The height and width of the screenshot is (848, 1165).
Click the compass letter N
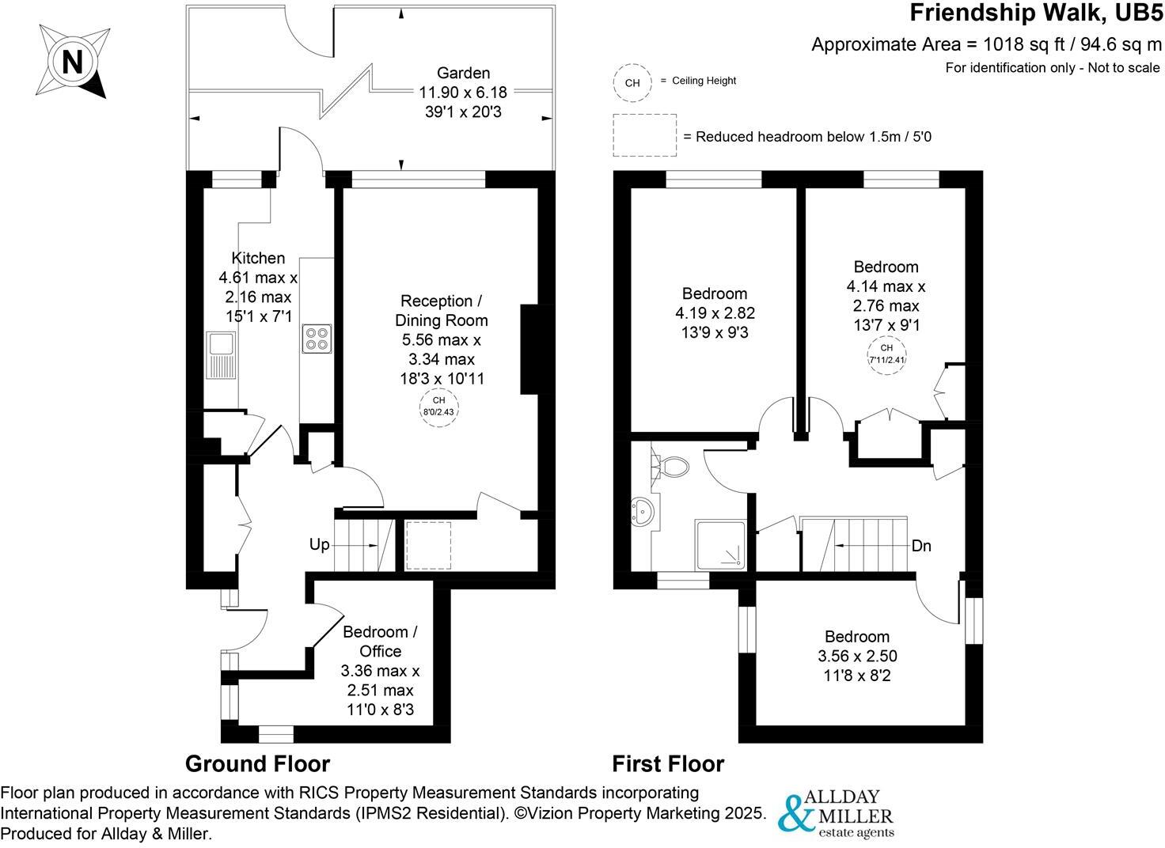[x=73, y=62]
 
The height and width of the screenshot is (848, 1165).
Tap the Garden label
[x=463, y=73]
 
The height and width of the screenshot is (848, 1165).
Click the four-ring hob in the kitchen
[x=317, y=339]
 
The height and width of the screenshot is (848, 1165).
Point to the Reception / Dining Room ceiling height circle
[x=439, y=407]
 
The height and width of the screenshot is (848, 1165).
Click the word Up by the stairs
[x=320, y=546]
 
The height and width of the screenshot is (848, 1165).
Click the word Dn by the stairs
[x=921, y=546]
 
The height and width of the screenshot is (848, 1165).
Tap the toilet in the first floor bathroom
[x=674, y=466]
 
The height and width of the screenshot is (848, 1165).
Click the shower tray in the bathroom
[x=720, y=545]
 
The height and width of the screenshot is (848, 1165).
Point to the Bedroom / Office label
[x=380, y=642]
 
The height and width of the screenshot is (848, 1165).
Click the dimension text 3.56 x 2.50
[x=857, y=656]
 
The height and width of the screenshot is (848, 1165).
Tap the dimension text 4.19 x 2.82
[x=715, y=313]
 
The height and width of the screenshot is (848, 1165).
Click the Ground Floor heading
[x=257, y=764]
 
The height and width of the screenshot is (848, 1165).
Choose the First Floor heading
[x=668, y=764]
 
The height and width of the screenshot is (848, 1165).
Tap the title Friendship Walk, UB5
[x=1036, y=13]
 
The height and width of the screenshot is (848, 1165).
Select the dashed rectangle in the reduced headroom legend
[x=644, y=136]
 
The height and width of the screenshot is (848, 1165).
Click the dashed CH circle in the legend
[x=632, y=82]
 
